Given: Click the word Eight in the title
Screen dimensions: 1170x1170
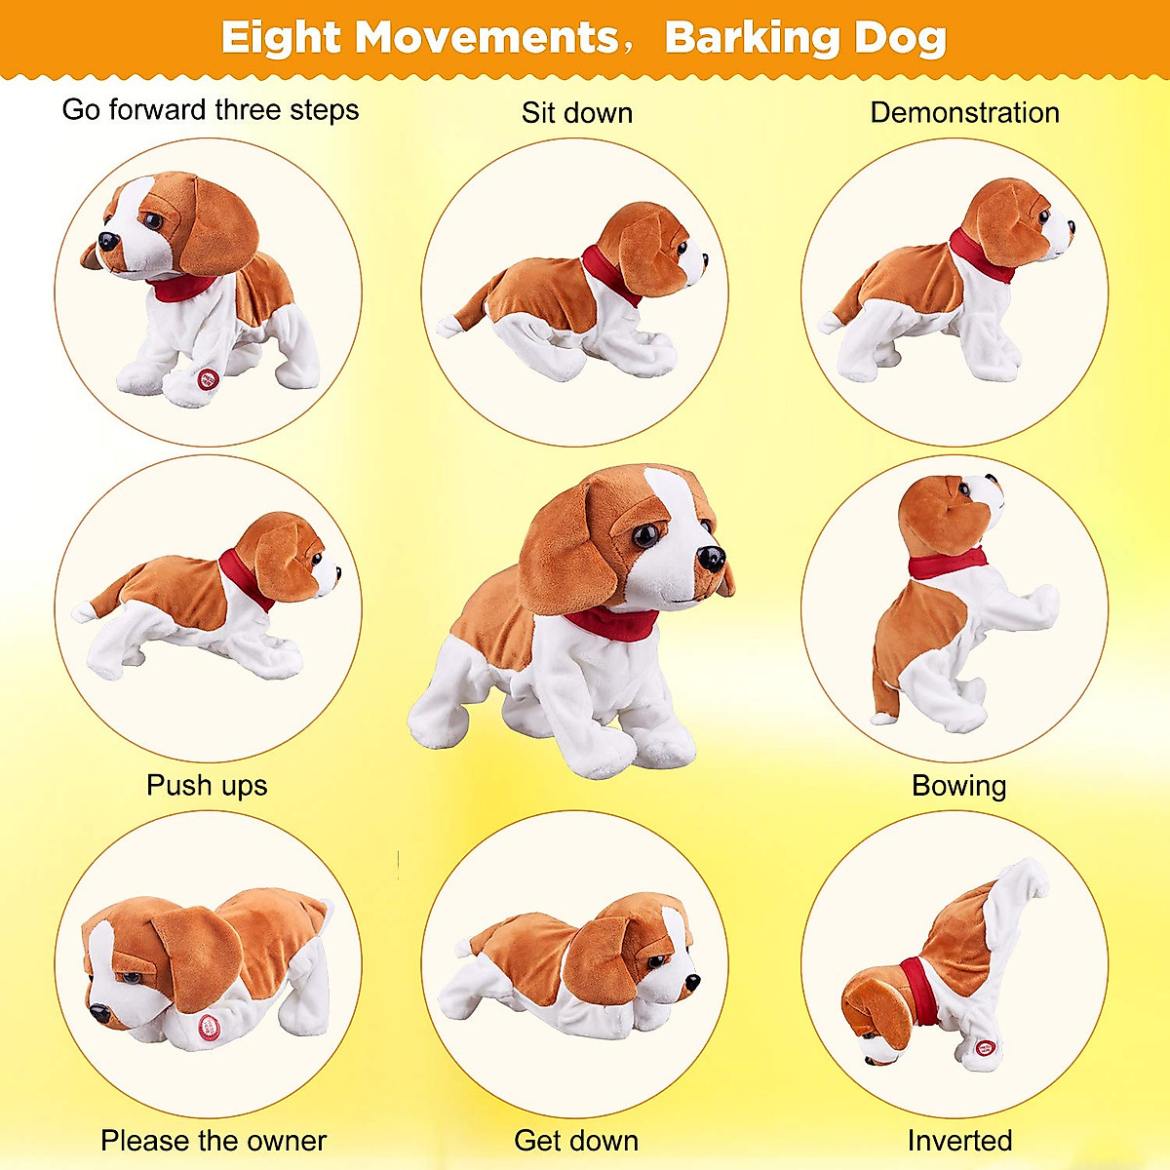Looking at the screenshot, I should [281, 39].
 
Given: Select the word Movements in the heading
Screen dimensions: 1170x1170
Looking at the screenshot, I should [487, 39].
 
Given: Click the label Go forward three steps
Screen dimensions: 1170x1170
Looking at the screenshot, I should [211, 110].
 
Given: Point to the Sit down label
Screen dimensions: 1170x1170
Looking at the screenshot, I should [577, 113].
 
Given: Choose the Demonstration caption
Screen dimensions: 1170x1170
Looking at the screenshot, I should [964, 113].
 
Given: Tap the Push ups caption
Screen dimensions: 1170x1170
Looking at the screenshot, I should [207, 786].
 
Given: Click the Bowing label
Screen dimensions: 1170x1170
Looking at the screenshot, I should [958, 786].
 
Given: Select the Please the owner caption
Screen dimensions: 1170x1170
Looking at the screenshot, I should [214, 1141].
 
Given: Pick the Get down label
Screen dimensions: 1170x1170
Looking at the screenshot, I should [576, 1141].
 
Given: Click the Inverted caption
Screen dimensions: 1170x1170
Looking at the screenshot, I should [959, 1141].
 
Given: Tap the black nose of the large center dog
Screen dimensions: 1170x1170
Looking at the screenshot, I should [711, 559].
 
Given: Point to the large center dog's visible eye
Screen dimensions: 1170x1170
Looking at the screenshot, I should [645, 536].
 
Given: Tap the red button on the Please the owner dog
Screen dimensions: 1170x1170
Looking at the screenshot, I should [209, 1025].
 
